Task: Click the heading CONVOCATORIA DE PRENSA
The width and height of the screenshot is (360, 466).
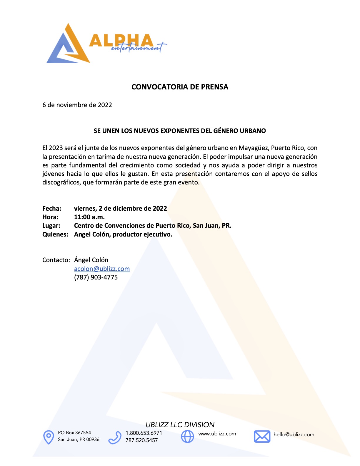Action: click(x=180, y=87)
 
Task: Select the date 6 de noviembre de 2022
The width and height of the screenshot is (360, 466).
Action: click(x=77, y=105)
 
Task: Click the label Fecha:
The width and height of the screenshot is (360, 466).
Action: click(x=52, y=209)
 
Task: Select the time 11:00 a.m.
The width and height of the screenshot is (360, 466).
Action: click(x=89, y=217)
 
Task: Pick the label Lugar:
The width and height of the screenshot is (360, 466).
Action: click(x=51, y=226)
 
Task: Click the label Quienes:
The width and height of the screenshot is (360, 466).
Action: click(x=55, y=234)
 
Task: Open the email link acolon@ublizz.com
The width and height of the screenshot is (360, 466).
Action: click(x=102, y=269)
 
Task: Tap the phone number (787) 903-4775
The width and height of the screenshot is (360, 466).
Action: click(x=96, y=277)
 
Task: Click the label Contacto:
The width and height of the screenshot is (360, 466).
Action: click(x=56, y=260)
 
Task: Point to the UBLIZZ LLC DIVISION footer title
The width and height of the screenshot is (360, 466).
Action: click(x=180, y=425)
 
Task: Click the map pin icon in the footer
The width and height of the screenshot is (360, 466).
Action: click(x=49, y=437)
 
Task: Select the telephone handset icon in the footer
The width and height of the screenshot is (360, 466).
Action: click(x=115, y=437)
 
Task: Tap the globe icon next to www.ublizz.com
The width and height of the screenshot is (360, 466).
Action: click(x=187, y=436)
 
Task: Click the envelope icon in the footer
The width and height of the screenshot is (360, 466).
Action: click(x=262, y=436)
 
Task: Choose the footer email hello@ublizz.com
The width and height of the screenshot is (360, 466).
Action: click(x=294, y=435)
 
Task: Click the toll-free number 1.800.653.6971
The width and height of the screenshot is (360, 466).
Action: click(x=144, y=433)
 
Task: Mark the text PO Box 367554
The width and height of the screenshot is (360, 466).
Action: click(x=74, y=432)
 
